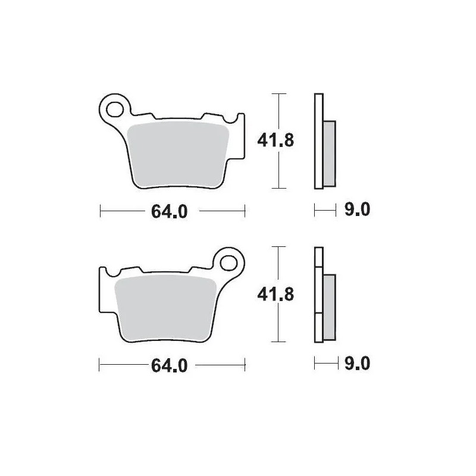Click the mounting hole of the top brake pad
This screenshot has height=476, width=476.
(113, 108)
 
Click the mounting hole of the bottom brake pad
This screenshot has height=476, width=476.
(231, 261)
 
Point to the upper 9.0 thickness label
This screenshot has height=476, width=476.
(358, 210)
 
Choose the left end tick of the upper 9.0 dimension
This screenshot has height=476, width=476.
(315, 210)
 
